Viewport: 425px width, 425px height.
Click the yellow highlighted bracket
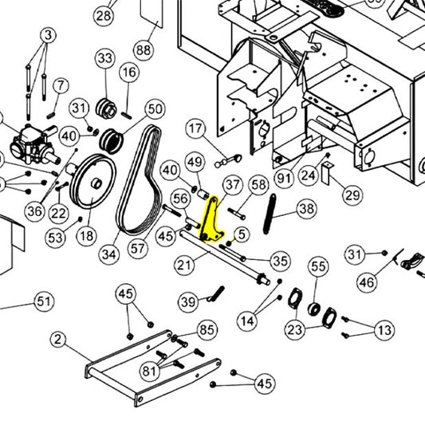[211, 222]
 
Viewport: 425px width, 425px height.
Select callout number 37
[231, 186]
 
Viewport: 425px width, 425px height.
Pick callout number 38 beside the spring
[305, 209]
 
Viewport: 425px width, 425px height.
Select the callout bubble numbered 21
[184, 263]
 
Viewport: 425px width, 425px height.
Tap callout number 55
[318, 266]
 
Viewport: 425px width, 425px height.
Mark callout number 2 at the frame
[57, 339]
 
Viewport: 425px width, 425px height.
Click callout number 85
[207, 329]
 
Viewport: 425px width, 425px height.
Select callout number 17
[196, 128]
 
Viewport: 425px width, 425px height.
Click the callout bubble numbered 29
[352, 194]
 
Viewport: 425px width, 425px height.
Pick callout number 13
[384, 330]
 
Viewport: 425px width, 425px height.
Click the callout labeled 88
[143, 49]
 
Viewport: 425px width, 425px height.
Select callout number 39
[187, 301]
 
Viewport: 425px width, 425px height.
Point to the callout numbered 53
[54, 237]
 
